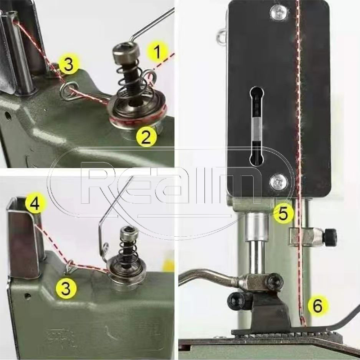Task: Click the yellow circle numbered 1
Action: coord(157,52)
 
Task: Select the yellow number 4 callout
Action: coord(35,203)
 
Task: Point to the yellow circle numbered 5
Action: coord(283,213)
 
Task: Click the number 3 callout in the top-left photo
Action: coord(69,64)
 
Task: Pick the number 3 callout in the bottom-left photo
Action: coord(66,288)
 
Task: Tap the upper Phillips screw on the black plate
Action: coord(279,13)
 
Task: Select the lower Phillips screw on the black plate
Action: coord(279,182)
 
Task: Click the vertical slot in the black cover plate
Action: coord(256,126)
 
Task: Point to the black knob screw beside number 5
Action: coord(330,236)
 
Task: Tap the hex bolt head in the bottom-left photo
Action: coord(130,233)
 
